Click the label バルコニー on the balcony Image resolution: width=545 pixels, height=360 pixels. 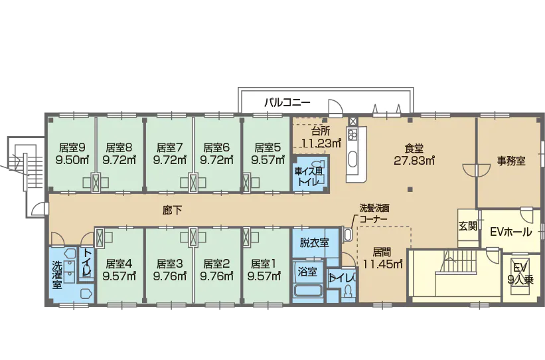(287, 103)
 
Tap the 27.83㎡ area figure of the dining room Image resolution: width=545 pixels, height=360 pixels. (414, 160)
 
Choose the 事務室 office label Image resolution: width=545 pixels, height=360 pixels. (512, 160)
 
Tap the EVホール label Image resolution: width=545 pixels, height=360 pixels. (510, 232)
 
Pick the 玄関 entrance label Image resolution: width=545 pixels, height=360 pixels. (467, 225)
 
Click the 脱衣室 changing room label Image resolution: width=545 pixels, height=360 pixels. (314, 242)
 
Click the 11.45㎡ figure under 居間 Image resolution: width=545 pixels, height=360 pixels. (382, 264)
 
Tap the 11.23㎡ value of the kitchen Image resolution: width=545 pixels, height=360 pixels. (321, 142)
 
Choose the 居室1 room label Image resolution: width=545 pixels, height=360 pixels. (264, 262)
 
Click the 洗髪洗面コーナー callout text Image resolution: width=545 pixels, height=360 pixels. (374, 212)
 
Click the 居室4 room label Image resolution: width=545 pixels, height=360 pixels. (119, 262)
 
